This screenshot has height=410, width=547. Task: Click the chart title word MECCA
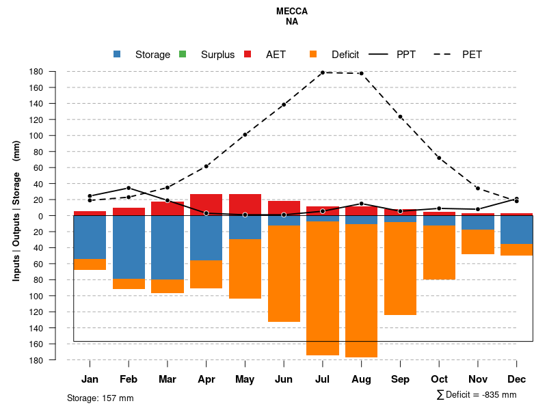click(x=292, y=12)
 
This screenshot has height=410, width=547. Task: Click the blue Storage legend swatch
click(x=118, y=55)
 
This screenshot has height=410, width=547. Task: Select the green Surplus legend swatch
click(x=183, y=55)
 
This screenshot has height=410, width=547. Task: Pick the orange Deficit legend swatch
click(x=313, y=55)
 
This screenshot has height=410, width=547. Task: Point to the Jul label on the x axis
click(x=323, y=379)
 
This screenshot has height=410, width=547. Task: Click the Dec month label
click(x=516, y=379)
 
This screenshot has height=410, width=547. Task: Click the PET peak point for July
click(x=323, y=72)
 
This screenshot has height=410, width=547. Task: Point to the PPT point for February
click(x=129, y=188)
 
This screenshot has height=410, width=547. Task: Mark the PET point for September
click(x=400, y=117)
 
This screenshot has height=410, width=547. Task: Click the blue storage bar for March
click(x=168, y=247)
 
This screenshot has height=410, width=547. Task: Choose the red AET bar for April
click(x=206, y=204)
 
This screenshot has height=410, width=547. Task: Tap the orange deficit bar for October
click(x=439, y=252)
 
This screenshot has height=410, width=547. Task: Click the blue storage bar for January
click(x=90, y=237)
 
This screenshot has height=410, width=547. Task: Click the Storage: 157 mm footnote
click(x=100, y=398)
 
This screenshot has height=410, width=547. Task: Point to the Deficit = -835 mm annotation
click(x=476, y=395)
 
